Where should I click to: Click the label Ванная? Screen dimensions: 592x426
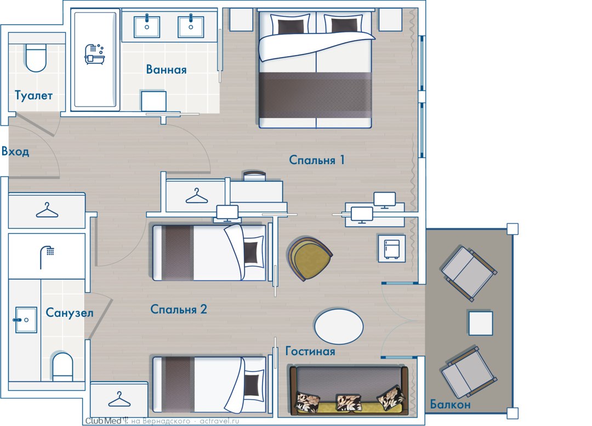[166, 70]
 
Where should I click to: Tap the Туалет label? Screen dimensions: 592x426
[33, 96]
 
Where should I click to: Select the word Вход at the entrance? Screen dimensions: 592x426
[15, 152]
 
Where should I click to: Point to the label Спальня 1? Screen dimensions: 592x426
[317, 160]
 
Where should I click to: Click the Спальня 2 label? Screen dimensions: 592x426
[179, 309]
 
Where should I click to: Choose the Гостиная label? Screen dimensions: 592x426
[310, 351]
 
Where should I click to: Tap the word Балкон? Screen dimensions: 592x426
[450, 405]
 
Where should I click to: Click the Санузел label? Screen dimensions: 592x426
[70, 313]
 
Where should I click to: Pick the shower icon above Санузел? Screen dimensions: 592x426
[47, 257]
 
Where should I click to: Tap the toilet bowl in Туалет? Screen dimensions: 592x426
[36, 58]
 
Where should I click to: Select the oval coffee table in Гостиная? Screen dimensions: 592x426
[339, 326]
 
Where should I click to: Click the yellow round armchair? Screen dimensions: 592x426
[309, 259]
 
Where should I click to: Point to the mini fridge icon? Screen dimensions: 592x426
[392, 249]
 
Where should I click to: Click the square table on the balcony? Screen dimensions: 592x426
[481, 323]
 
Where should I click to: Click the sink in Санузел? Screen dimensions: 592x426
[26, 320]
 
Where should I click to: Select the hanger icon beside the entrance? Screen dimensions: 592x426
[47, 210]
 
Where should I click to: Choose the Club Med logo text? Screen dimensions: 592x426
[104, 421]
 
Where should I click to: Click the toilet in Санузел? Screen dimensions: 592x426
[62, 367]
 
